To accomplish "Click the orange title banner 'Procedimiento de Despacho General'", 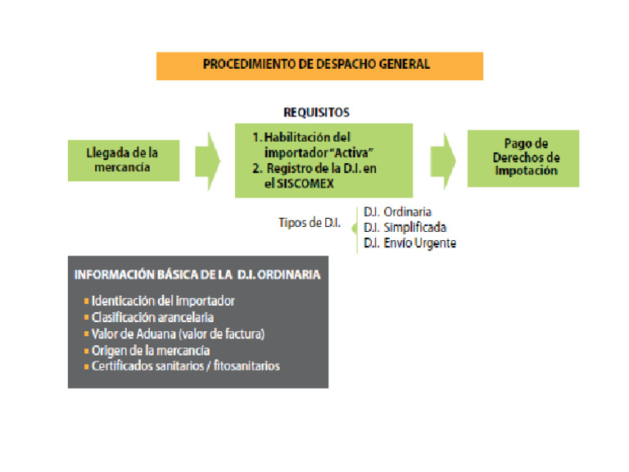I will pos(319,65).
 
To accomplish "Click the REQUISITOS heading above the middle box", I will pos(316,112).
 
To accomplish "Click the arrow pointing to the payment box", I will pos(443,158).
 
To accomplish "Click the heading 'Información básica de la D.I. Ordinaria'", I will pos(197,275).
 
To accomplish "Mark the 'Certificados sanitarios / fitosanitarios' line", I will pos(186,365).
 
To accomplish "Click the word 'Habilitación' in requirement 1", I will pos(305,138).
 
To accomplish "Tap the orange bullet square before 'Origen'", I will pos(87,350).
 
